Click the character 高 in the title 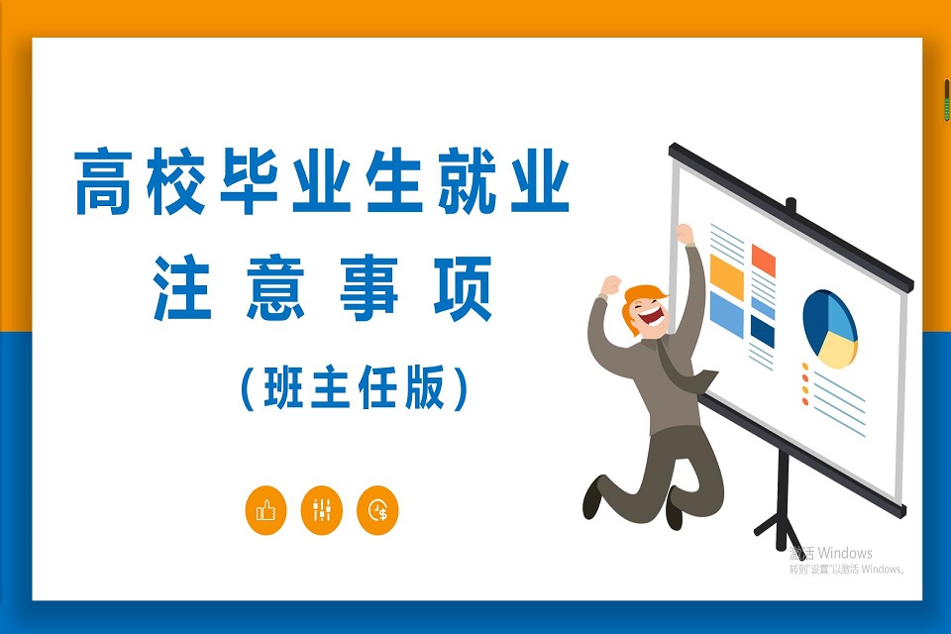click(103, 181)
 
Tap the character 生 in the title click(394, 181)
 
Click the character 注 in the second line click(181, 287)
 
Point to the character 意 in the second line click(276, 287)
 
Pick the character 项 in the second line click(463, 287)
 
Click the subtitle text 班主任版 click(355, 387)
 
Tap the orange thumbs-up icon click(265, 510)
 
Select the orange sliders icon click(321, 510)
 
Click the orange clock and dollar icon click(377, 510)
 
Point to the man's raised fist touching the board click(685, 234)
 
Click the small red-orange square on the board click(764, 260)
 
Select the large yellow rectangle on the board click(726, 276)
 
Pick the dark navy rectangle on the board click(763, 332)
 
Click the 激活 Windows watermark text click(831, 553)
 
